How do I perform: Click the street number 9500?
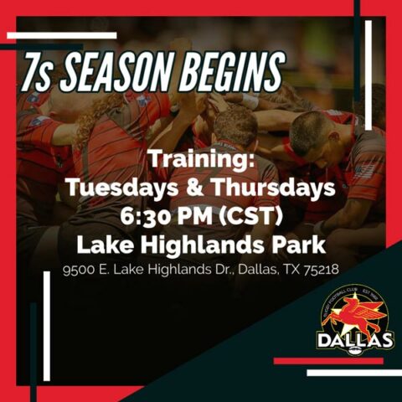click(80, 271)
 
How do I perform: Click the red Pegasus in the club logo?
click(356, 317)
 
